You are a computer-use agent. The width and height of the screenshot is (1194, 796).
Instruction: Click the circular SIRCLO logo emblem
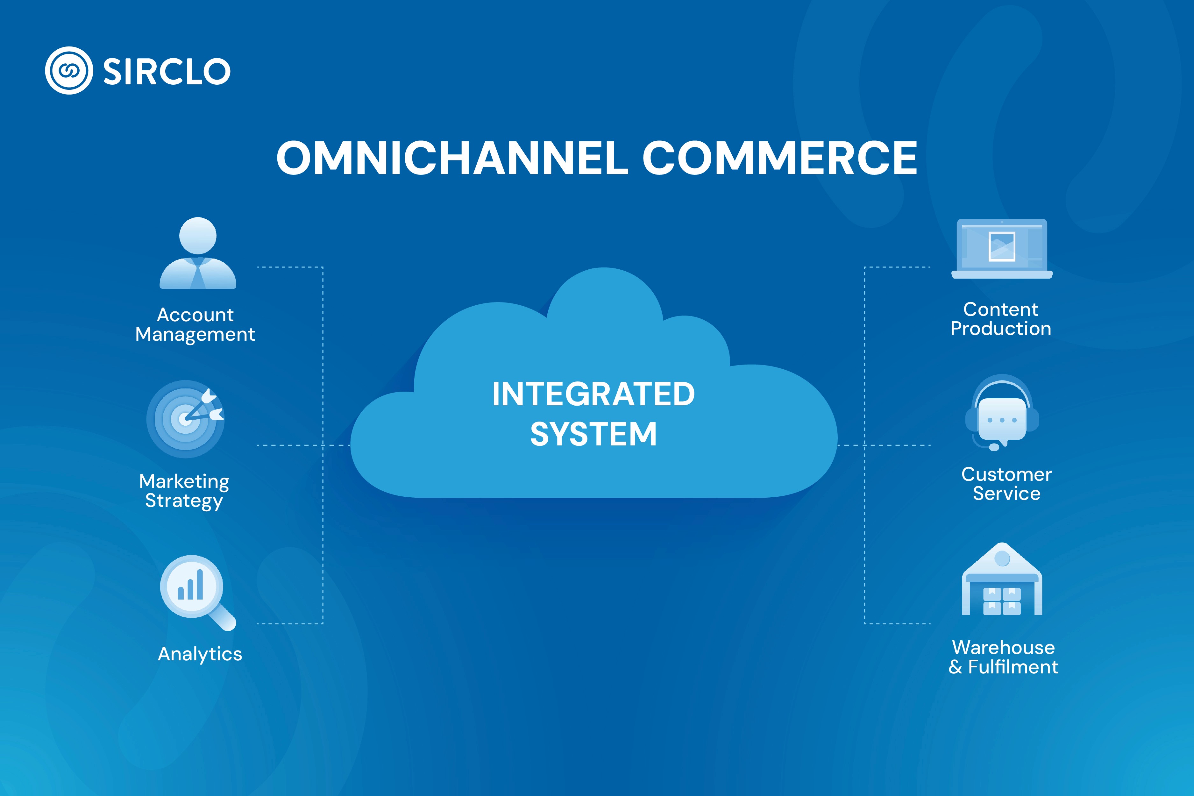click(x=69, y=71)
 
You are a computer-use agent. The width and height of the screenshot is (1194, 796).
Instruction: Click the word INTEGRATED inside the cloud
click(x=593, y=394)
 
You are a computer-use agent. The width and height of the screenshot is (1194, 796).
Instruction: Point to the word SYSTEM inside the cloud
click(x=593, y=434)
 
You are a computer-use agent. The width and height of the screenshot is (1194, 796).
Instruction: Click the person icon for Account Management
click(x=198, y=253)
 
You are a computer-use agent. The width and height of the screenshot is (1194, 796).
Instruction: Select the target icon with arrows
click(x=185, y=419)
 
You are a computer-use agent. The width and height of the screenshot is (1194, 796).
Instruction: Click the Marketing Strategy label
click(x=184, y=490)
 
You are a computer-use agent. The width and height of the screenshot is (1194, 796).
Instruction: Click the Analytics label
click(x=200, y=654)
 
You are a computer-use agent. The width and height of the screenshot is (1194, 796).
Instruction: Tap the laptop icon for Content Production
click(x=1002, y=249)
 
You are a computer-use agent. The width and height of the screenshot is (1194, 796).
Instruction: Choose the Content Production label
click(x=1001, y=319)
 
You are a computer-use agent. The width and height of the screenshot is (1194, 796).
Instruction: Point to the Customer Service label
click(x=1006, y=484)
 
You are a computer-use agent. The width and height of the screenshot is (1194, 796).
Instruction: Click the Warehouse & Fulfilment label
click(x=1003, y=657)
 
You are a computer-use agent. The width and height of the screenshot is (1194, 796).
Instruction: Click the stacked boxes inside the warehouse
click(x=1002, y=601)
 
